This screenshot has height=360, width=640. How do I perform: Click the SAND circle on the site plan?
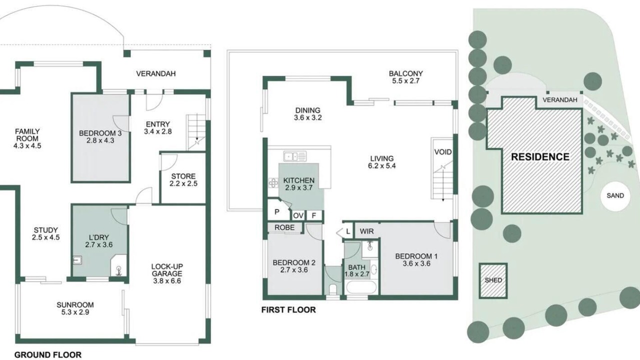coord(615,196)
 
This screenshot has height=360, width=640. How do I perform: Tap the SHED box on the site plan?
coord(493,280)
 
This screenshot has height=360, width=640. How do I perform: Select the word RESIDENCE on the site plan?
coord(540,157)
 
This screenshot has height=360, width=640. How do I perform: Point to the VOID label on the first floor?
coord(443,152)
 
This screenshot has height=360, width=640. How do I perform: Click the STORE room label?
coord(183,176)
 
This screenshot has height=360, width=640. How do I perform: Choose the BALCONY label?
coord(405,73)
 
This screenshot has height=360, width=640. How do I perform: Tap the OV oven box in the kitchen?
coord(298,215)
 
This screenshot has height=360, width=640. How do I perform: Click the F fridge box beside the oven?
coord(313,215)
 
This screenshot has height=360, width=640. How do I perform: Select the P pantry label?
coord(277,212)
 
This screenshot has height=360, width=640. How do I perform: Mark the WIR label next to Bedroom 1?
coord(366,231)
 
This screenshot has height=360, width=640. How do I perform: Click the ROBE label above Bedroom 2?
coord(284,227)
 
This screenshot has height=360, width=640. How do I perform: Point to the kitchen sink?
coord(295,156)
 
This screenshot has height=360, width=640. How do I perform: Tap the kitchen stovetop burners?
coord(273,183)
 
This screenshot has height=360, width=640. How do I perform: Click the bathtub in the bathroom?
coord(361,287)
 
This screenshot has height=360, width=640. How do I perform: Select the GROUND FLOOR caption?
coord(48,355)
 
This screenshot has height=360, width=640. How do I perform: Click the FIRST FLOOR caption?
coord(288,309)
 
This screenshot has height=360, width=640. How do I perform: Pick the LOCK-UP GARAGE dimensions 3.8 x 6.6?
coord(167,281)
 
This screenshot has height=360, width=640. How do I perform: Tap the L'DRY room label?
coord(99,237)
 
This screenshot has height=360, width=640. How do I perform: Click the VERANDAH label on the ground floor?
coord(156,73)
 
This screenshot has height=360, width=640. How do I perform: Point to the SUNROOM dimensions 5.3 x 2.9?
coord(75,312)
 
